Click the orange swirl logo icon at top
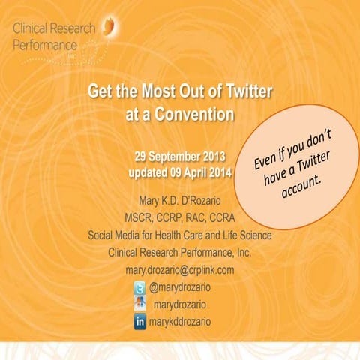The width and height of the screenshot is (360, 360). (x=111, y=27)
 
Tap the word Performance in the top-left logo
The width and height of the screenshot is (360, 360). (x=46, y=45)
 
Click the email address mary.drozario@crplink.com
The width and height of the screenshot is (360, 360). (x=180, y=269)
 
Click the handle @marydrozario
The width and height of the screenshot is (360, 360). (x=184, y=287)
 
